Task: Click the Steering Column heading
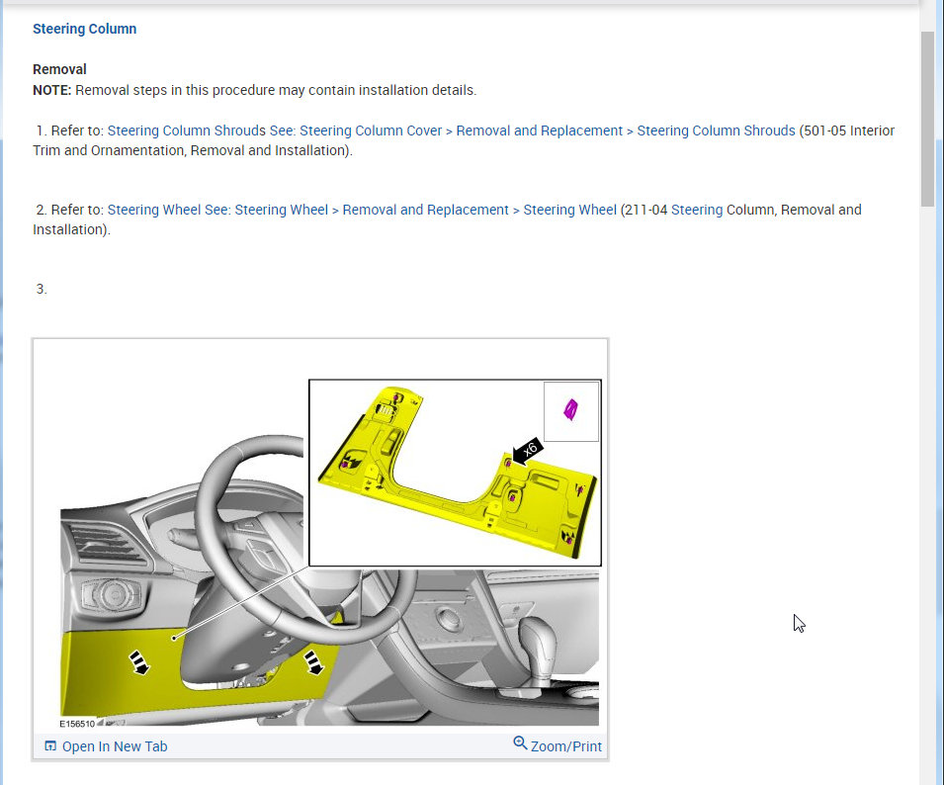click(84, 29)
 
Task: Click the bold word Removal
click(59, 69)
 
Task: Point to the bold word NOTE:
click(51, 90)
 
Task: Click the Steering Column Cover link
click(371, 131)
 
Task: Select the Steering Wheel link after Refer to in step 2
click(153, 210)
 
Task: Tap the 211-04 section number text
click(645, 210)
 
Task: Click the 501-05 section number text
click(824, 131)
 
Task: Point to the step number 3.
click(41, 289)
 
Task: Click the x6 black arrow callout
click(528, 451)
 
